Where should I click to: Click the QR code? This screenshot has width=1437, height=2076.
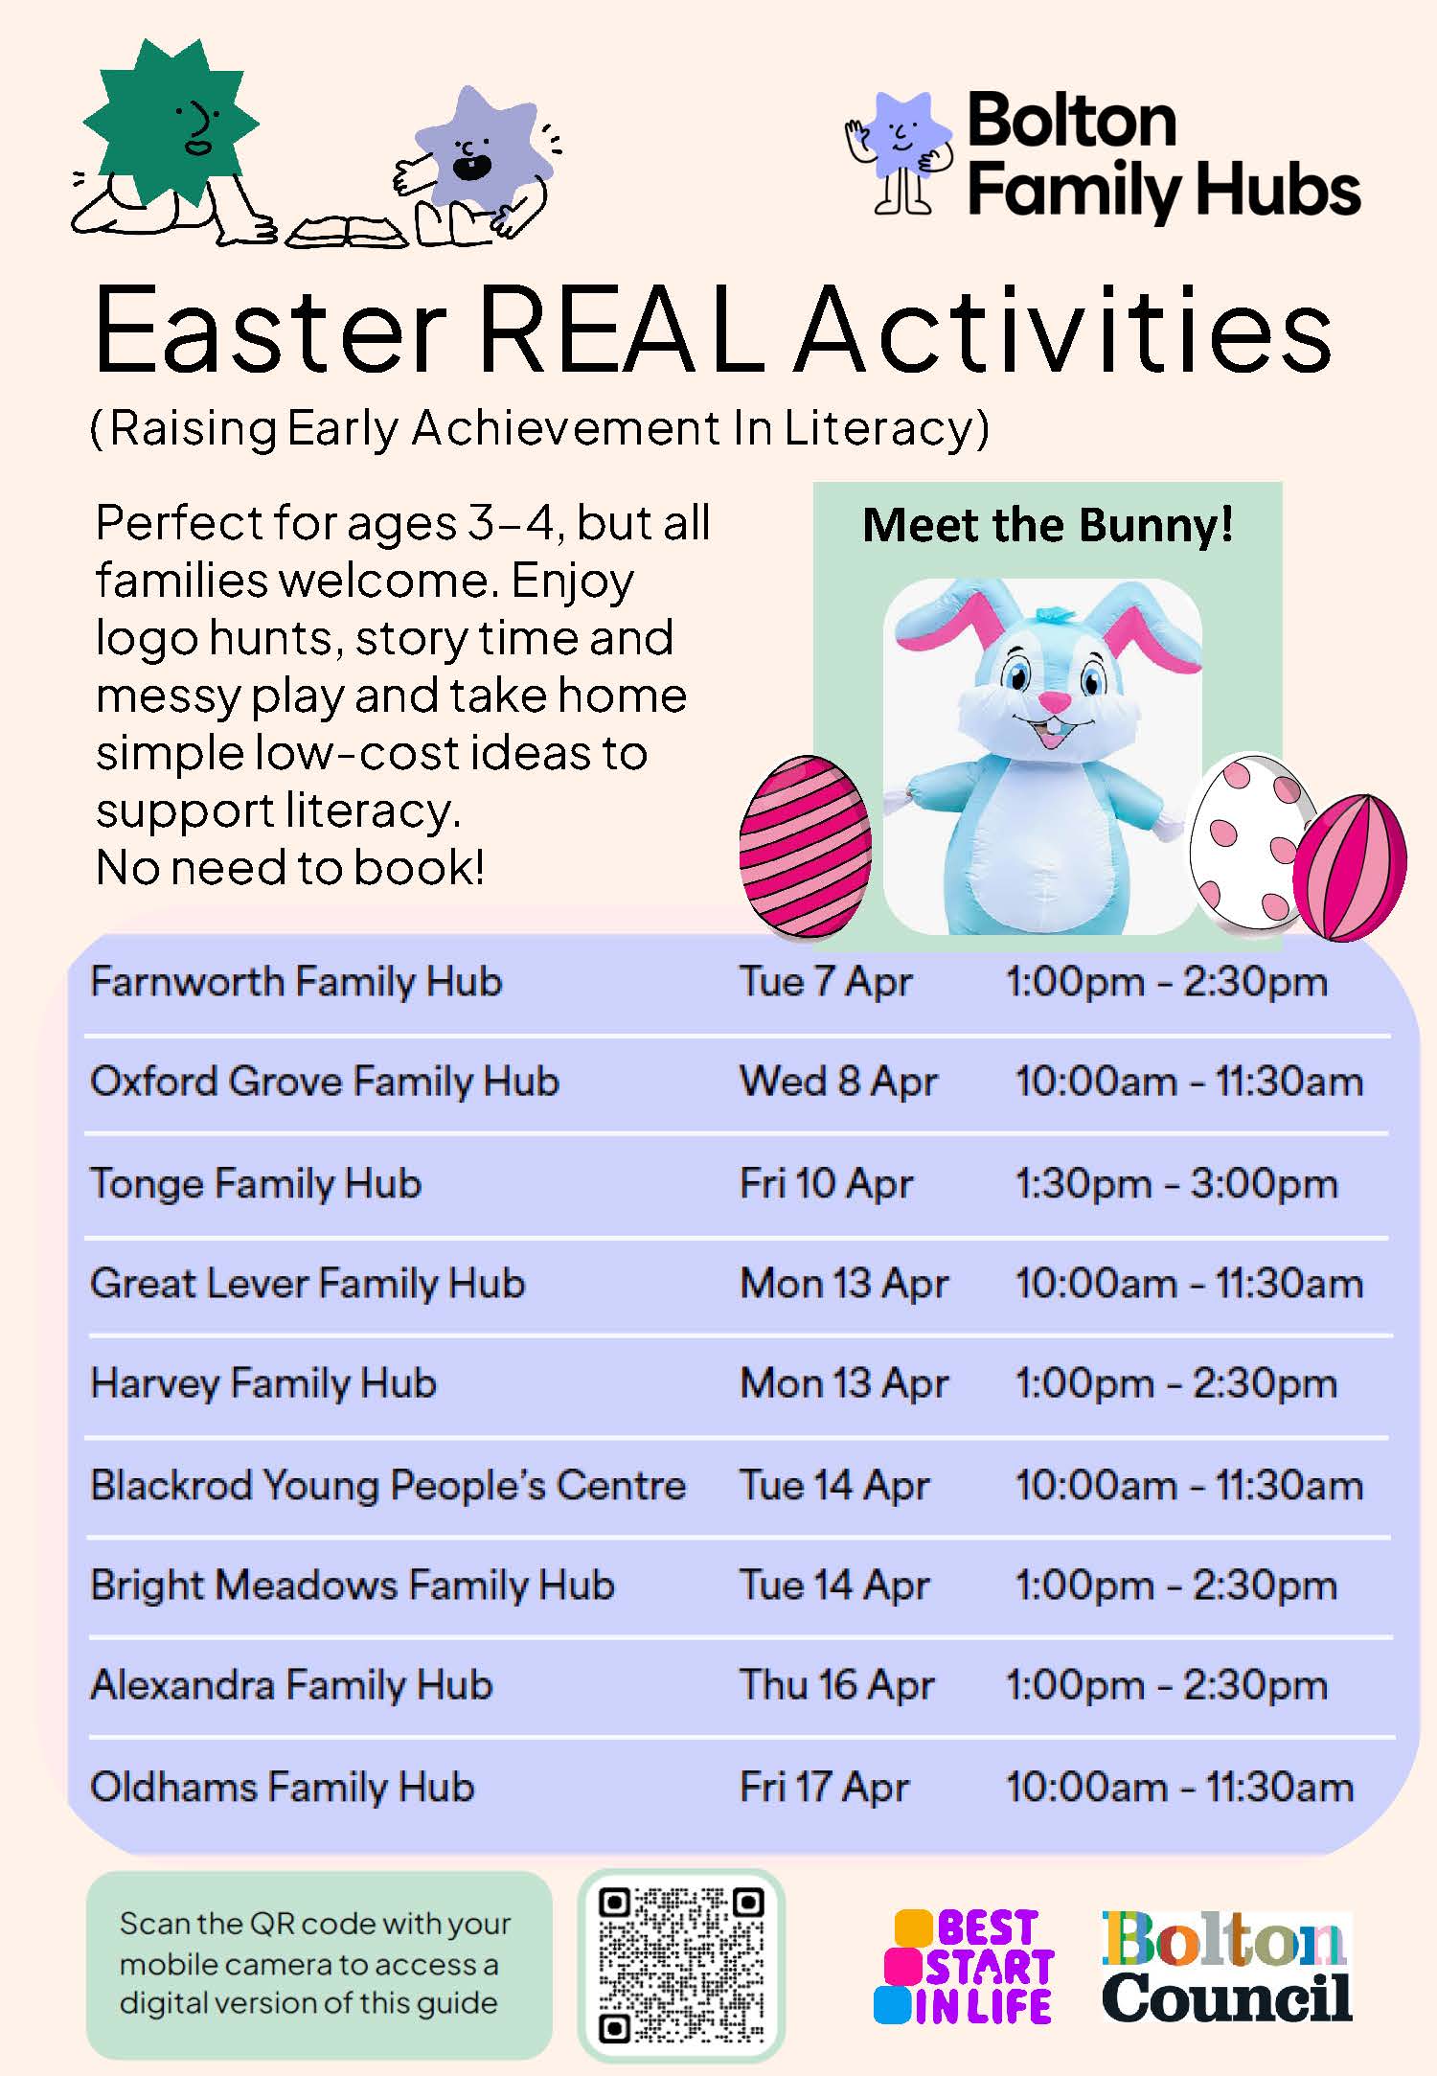681,1964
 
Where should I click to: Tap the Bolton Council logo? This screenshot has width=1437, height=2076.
1225,1966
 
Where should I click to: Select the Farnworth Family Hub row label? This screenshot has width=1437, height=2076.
296,982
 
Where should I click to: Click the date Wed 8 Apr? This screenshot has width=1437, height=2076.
838,1082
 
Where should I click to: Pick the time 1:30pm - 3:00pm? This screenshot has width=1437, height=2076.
1175,1184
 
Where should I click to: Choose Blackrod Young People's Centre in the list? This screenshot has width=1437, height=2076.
388,1485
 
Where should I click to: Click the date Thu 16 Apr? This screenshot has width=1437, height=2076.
836,1685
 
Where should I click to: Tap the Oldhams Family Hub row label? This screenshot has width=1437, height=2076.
283,1788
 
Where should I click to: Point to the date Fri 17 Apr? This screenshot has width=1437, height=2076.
824,1788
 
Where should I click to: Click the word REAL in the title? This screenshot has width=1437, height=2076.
621,331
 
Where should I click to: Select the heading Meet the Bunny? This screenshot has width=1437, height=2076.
1047,525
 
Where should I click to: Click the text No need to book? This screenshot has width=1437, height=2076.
290,868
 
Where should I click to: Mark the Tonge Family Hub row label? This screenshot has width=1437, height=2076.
256,1184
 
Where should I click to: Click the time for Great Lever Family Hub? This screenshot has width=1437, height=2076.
1188,1284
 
